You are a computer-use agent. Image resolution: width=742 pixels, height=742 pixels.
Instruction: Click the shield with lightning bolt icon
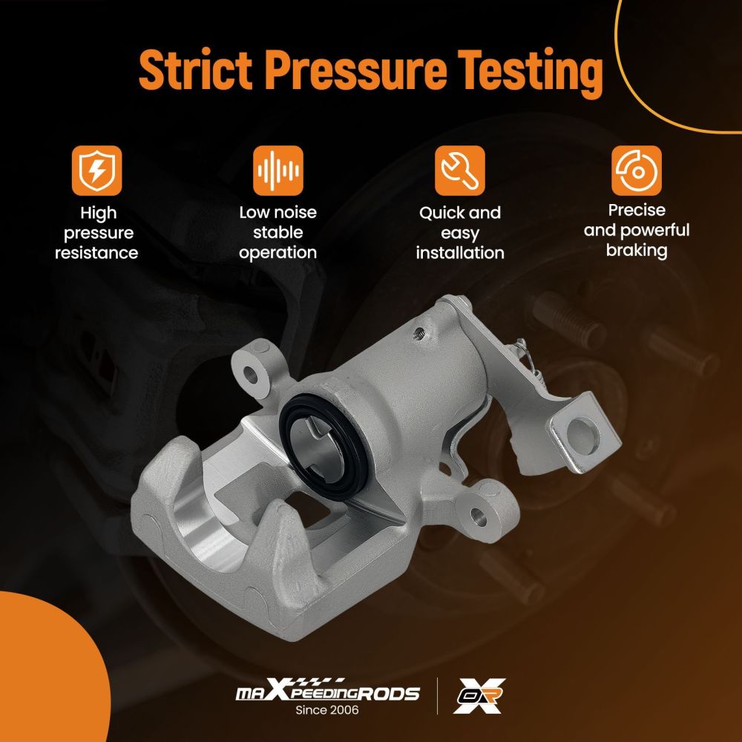97,171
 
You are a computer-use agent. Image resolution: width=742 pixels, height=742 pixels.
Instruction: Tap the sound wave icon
278,171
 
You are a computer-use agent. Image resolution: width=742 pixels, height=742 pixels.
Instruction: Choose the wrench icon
459,171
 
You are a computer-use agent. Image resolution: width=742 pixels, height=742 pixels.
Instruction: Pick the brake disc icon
637,171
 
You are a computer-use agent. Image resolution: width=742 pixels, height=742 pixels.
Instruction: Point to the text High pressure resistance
96,233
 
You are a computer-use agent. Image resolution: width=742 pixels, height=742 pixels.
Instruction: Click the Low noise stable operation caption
278,232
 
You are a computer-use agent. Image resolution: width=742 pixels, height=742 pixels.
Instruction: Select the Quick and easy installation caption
460,233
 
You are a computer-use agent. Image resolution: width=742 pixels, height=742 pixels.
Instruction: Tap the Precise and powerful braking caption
637,230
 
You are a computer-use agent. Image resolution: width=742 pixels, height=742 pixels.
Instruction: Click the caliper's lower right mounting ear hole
479,517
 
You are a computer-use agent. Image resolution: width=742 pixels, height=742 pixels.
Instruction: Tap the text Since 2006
327,710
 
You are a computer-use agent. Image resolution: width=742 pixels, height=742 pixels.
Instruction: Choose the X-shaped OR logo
479,695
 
